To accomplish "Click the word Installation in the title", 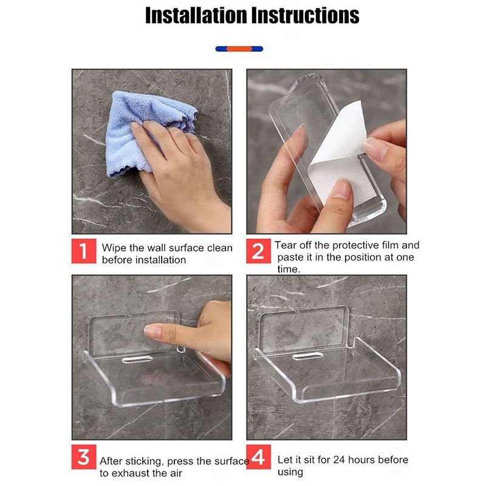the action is [x=196, y=15].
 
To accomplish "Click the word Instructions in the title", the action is [x=306, y=15].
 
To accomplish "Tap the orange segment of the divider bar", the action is [x=239, y=49].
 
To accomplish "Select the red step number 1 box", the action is [x=84, y=251].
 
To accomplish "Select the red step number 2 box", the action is [x=259, y=251].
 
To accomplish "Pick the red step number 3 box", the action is [x=84, y=457].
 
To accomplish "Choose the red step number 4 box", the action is [x=259, y=457].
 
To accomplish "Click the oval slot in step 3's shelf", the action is [x=137, y=359].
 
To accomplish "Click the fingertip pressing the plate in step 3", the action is [x=152, y=331].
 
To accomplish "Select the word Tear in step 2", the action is [x=284, y=245].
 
